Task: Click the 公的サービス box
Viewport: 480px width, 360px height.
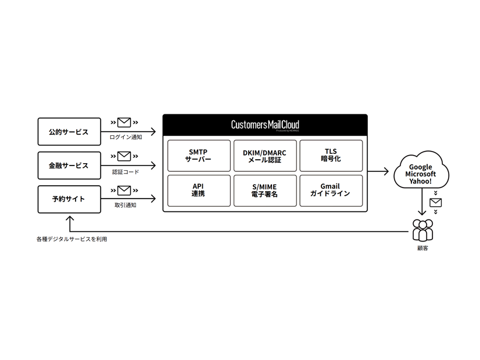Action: pyautogui.click(x=69, y=132)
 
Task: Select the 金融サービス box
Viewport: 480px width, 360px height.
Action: pyautogui.click(x=69, y=165)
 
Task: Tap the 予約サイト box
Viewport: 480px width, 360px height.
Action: pyautogui.click(x=69, y=199)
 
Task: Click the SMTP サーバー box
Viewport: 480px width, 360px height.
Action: pyautogui.click(x=198, y=156)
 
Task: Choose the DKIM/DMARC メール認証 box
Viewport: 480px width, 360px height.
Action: pyautogui.click(x=264, y=156)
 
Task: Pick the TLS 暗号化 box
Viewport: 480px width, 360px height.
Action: pyautogui.click(x=331, y=156)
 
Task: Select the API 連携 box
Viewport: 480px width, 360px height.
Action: pyautogui.click(x=198, y=190)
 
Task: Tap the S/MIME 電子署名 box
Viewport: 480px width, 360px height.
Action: pyautogui.click(x=264, y=190)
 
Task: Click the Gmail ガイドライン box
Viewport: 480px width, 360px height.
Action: pyautogui.click(x=331, y=190)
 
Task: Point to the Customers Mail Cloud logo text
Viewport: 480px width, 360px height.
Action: pyautogui.click(x=265, y=125)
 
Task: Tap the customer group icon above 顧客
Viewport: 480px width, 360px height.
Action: pyautogui.click(x=422, y=231)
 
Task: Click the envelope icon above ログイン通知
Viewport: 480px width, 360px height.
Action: pyautogui.click(x=124, y=123)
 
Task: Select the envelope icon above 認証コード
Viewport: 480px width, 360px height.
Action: pyautogui.click(x=124, y=156)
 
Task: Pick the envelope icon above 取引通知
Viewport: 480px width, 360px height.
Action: pyautogui.click(x=124, y=190)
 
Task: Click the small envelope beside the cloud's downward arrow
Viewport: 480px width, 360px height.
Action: pyautogui.click(x=435, y=203)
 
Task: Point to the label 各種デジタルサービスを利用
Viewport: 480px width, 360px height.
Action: pyautogui.click(x=71, y=239)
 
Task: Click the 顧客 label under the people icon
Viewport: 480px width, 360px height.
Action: pyautogui.click(x=422, y=249)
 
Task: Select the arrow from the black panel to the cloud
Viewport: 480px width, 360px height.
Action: pyautogui.click(x=379, y=171)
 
